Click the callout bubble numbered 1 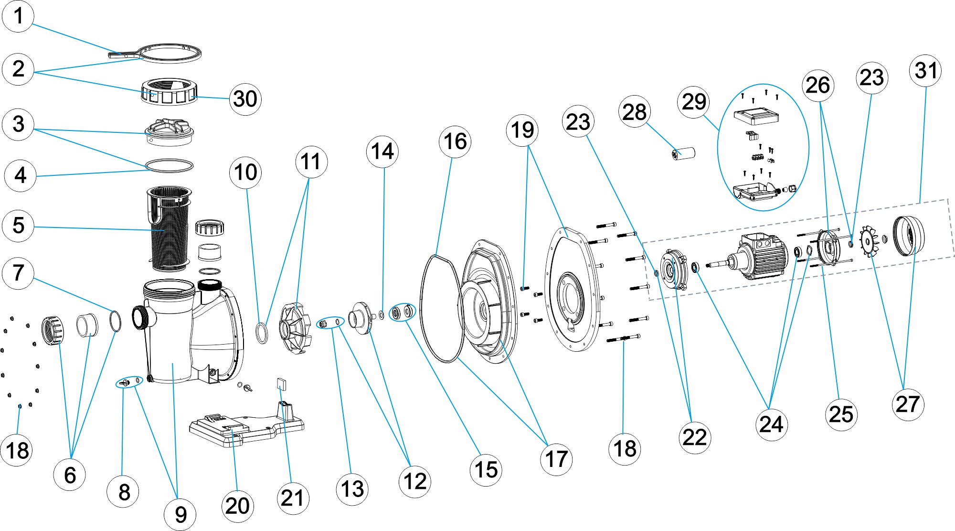[x=18, y=16]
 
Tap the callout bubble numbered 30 [x=245, y=99]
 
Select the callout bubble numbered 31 [x=925, y=71]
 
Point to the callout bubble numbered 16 [x=455, y=141]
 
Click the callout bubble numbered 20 [x=237, y=506]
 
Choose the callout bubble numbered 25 [x=841, y=414]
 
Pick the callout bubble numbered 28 [x=634, y=112]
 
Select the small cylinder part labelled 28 [x=683, y=154]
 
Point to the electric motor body [x=759, y=256]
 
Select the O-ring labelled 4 [x=170, y=165]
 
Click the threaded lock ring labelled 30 [x=169, y=92]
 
